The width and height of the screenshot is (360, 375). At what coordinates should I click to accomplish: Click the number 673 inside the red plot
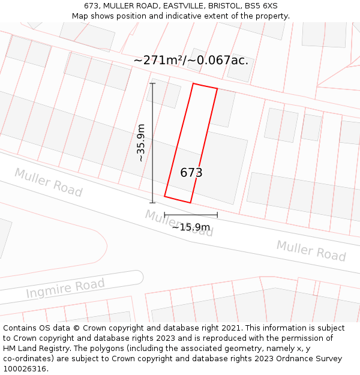coord(191,173)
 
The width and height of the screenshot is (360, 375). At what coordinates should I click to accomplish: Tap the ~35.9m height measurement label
coord(140,143)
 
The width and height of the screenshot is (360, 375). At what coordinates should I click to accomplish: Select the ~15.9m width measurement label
coord(191,227)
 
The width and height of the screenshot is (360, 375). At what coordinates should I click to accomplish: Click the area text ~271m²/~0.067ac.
coord(191,61)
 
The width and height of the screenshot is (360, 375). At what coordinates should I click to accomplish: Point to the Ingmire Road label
coord(65,289)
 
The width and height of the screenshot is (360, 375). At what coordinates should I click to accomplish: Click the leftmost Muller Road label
coord(48,182)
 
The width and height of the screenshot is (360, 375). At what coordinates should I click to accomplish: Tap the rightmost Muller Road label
coord(311,250)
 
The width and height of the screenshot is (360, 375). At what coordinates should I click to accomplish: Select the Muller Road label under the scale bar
coord(179,223)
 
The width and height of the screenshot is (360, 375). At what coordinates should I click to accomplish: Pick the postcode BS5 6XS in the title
coord(260,6)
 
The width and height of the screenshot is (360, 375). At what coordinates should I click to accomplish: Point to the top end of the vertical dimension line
coord(152,83)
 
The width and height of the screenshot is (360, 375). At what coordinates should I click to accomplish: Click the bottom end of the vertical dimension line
coord(152,203)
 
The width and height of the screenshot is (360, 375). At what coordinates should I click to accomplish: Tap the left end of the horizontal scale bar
coord(164,214)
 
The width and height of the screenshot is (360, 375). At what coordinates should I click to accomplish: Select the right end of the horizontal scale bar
coord(217,214)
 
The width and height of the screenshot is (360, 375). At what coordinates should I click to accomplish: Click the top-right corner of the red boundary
coord(217,89)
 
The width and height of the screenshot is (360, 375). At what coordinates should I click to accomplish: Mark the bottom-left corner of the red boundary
coord(164,196)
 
